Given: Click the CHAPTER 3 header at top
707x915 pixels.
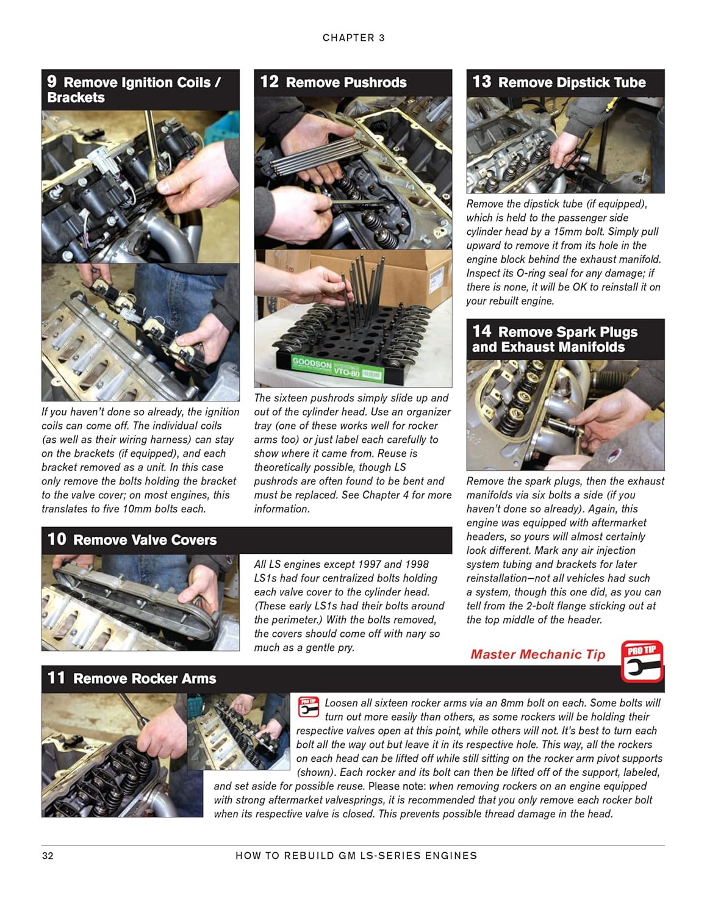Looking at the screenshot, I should (353, 38).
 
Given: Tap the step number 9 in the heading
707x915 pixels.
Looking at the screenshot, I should (52, 82).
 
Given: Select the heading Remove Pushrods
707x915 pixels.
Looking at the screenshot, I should (346, 82).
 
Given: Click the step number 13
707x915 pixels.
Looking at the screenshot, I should (481, 82).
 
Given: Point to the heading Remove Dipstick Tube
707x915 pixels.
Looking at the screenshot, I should (572, 82).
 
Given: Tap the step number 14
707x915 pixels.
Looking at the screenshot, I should (481, 331).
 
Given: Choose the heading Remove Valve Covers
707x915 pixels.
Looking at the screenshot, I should (145, 540).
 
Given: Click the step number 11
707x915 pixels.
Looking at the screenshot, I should (56, 678).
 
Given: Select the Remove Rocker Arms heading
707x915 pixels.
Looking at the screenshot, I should (145, 678).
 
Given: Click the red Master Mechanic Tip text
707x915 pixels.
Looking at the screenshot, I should (537, 655).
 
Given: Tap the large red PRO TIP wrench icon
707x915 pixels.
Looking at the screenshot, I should (642, 661).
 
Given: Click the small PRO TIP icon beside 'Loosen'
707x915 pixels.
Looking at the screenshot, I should (308, 708).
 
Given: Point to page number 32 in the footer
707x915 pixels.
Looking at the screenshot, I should (48, 856).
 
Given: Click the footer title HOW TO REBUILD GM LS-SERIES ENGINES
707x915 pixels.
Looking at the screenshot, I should (356, 856).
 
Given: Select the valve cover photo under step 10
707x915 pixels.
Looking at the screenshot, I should (140, 603).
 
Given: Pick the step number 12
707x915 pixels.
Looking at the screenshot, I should (269, 82).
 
